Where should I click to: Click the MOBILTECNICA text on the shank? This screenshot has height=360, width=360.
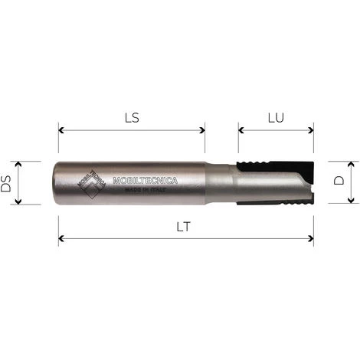click(x=145, y=181)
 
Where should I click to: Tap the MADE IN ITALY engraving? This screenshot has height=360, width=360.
click(x=145, y=193)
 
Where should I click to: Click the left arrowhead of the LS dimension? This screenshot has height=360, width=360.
click(x=61, y=130)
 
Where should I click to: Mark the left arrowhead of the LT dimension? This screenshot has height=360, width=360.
click(x=61, y=239)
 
